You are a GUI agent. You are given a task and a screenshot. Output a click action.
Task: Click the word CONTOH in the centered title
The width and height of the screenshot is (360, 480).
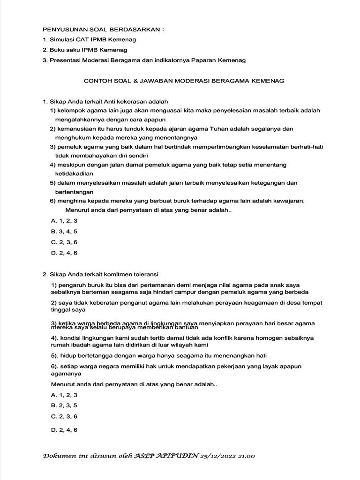96,81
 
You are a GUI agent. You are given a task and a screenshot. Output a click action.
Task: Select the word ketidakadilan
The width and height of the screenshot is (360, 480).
76,173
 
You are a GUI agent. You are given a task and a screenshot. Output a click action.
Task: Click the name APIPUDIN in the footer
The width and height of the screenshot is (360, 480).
178,456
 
